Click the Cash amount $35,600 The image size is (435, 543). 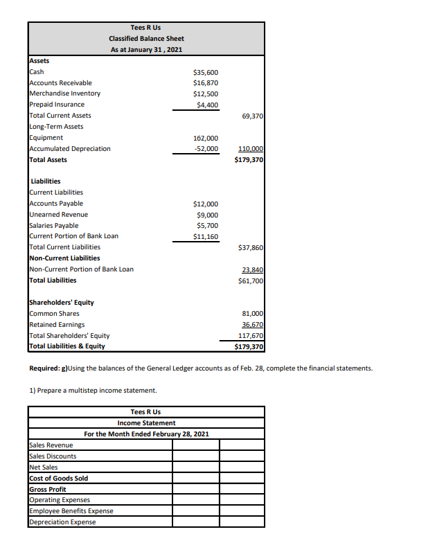point(206,72)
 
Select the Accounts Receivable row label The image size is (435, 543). point(60,82)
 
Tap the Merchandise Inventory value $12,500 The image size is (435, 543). point(206,94)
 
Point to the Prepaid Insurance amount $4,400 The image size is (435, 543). point(207,105)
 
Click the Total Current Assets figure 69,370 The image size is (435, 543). point(251,116)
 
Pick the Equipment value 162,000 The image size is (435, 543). point(206,138)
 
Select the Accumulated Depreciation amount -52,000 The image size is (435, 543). point(206,149)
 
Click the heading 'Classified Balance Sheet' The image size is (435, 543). point(146,39)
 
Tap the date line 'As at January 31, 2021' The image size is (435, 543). point(146,50)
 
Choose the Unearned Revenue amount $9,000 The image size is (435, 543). point(207,215)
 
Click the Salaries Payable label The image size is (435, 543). point(54,225)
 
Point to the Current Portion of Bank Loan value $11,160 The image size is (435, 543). point(206,236)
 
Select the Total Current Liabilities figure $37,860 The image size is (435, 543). point(250,247)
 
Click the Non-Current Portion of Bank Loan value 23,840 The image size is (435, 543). point(251,269)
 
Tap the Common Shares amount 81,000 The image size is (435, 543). point(251,314)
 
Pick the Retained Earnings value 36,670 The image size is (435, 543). point(251,325)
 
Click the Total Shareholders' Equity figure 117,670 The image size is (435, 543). point(250,336)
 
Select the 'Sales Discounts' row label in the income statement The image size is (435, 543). point(53,456)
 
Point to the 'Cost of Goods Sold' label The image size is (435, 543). point(59,478)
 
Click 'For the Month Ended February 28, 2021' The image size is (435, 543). point(146,434)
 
